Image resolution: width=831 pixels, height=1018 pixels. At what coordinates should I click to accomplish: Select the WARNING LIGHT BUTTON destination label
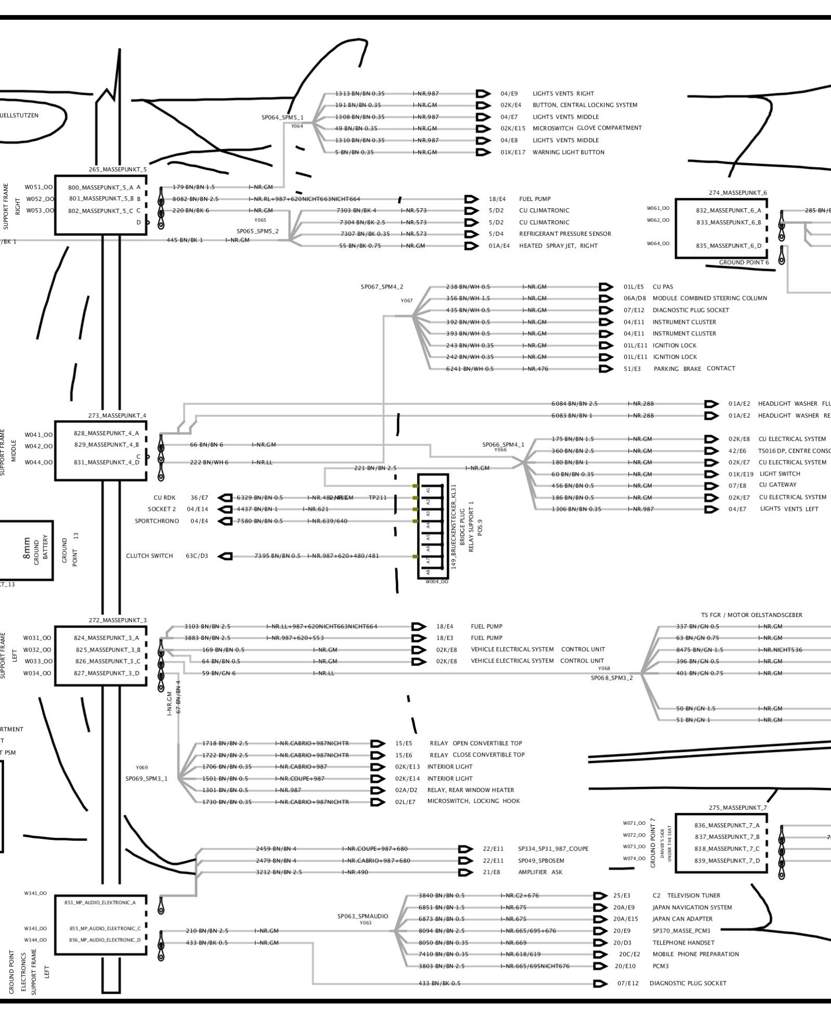point(568,153)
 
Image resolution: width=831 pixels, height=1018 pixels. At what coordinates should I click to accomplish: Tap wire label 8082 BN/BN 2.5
point(195,199)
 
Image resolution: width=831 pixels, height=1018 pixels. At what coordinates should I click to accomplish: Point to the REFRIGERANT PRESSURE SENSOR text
point(565,234)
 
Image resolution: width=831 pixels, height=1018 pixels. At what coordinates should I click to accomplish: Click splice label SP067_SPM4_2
point(382,287)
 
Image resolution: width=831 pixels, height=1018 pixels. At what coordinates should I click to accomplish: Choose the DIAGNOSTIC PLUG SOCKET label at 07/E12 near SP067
point(690,310)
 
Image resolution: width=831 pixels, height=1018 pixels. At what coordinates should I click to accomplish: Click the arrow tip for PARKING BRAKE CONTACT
point(605,369)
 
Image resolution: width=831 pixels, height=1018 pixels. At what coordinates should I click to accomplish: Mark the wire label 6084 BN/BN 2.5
point(574,404)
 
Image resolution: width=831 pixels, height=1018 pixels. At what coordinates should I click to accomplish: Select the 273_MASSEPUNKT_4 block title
point(117,416)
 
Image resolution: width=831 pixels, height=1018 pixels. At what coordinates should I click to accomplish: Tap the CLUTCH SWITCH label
point(149,556)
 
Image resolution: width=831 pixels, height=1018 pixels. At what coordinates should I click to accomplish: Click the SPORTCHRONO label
point(157,521)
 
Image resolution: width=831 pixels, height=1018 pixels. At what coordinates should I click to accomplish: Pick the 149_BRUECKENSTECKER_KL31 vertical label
point(454,526)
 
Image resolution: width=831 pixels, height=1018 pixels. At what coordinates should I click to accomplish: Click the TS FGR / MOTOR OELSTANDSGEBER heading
point(751,615)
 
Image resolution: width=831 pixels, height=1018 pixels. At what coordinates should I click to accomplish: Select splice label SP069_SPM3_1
point(146,779)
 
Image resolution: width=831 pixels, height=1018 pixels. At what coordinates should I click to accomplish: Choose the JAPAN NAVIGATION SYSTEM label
point(692,907)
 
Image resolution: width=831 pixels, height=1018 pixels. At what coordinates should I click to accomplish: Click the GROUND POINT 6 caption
point(744,262)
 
